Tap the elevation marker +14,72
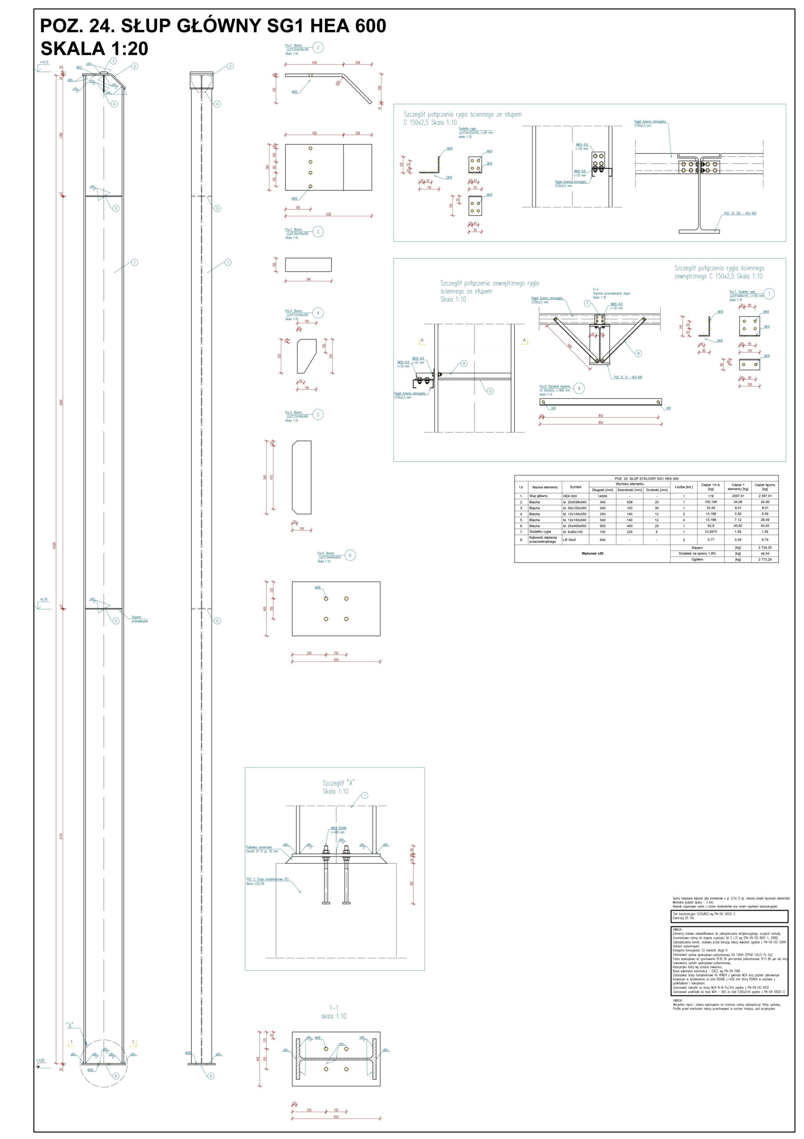click(44, 62)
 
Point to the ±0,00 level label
click(40, 1060)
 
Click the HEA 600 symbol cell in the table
click(570, 496)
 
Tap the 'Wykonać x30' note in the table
click(592, 553)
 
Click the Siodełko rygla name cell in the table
click(540, 532)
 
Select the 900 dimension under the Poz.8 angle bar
click(600, 423)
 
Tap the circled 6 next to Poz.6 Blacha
click(350, 555)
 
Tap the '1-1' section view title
click(334, 1008)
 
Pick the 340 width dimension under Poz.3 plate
click(308, 280)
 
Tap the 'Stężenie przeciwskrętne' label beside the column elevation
click(140, 619)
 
